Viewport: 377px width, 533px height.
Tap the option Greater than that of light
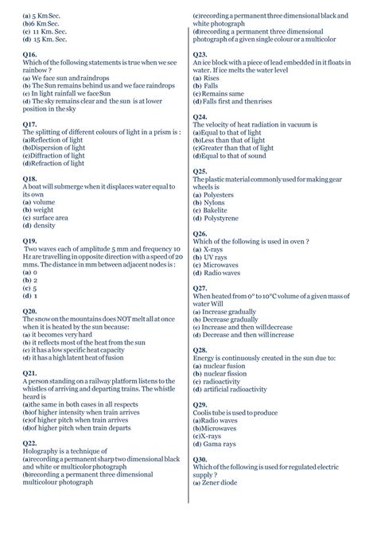239,148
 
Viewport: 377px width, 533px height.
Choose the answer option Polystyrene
225,217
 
